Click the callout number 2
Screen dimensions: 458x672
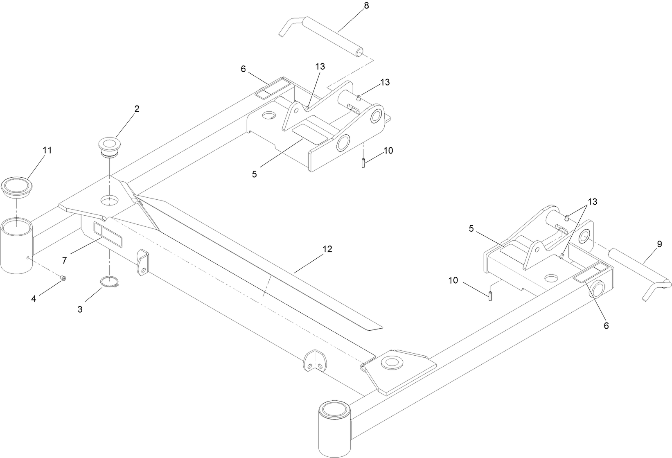[137, 109]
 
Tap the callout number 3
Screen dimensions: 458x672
[80, 309]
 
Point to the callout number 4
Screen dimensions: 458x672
[34, 299]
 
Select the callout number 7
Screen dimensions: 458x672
[65, 260]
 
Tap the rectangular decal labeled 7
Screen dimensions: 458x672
[108, 235]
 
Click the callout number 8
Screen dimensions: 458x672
[366, 6]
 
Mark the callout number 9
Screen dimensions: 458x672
[659, 244]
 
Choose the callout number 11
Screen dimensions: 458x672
[47, 150]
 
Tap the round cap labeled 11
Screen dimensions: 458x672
[16, 186]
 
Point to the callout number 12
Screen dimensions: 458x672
[327, 249]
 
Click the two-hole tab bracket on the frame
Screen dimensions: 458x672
[313, 360]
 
